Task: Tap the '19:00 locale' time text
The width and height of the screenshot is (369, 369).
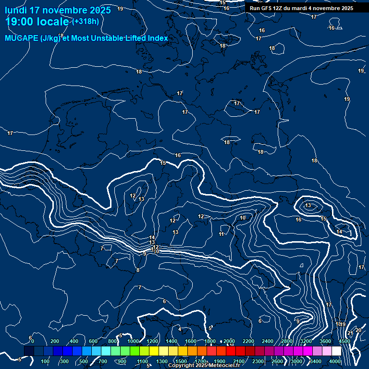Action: click(x=37, y=22)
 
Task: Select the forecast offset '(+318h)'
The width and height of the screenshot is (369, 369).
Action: click(x=86, y=22)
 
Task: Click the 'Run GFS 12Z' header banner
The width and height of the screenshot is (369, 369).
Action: click(x=301, y=8)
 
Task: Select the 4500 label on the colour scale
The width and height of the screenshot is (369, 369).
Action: click(x=344, y=341)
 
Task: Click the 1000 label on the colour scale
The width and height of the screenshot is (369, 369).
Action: click(x=133, y=341)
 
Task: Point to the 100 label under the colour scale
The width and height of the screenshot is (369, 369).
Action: click(x=45, y=361)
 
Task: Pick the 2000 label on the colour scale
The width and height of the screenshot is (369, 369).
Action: click(x=229, y=341)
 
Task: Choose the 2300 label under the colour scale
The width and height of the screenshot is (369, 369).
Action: click(x=258, y=361)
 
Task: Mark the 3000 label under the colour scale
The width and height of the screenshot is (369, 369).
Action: click(x=296, y=361)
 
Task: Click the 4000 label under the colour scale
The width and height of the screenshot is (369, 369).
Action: click(x=335, y=361)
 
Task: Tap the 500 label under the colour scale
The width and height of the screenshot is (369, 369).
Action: click(x=84, y=361)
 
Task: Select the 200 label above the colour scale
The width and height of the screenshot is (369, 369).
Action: click(x=55, y=341)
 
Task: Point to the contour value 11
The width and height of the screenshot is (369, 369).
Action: click(x=221, y=234)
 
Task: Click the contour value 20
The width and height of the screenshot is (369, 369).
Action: click(x=358, y=330)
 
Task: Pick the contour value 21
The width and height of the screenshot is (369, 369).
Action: click(x=350, y=333)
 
